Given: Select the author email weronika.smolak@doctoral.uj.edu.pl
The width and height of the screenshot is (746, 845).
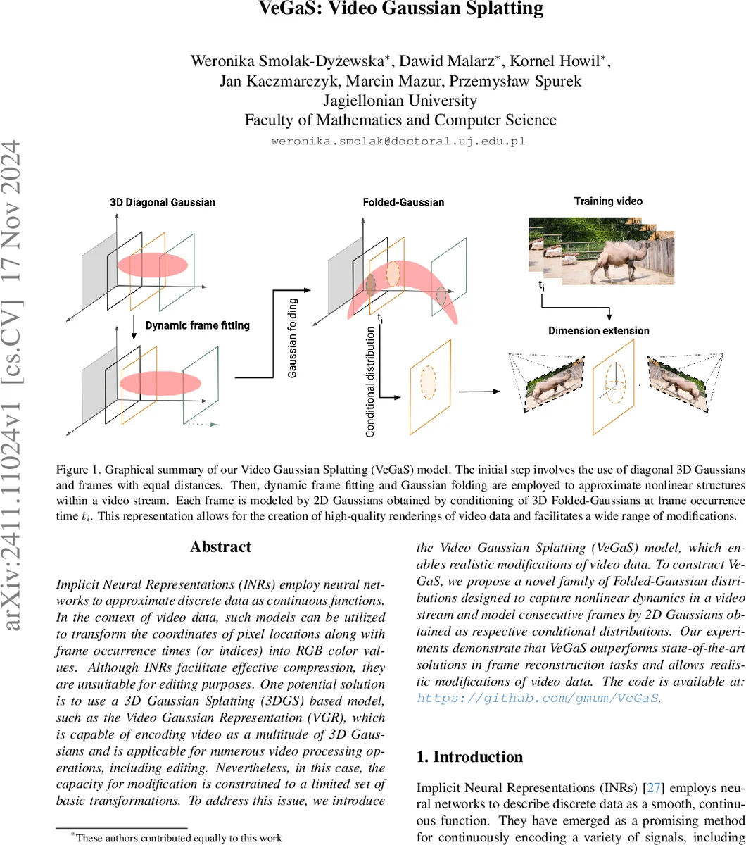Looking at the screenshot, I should [399, 141].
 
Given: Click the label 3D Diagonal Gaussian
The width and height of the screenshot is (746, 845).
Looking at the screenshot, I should [163, 203].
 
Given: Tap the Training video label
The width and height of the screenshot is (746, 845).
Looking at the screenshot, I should [608, 201].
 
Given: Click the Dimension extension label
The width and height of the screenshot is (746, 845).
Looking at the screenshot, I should [599, 330].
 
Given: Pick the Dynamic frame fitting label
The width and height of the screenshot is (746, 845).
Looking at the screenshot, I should [198, 325].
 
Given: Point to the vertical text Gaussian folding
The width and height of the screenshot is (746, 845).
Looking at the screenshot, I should [293, 337].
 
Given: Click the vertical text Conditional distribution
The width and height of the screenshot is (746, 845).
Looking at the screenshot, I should [370, 381].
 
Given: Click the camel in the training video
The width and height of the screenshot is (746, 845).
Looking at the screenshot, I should [612, 257].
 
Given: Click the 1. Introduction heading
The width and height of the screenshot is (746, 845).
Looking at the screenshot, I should [469, 757].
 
